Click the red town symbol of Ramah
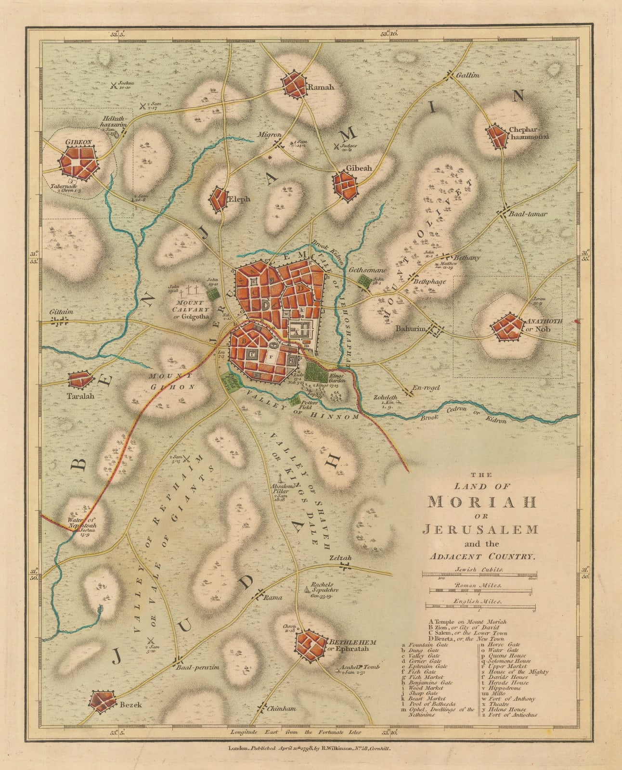click(294, 85)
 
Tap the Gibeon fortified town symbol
click(79, 163)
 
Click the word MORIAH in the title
click(482, 501)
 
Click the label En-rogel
click(427, 387)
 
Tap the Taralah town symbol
click(80, 380)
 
